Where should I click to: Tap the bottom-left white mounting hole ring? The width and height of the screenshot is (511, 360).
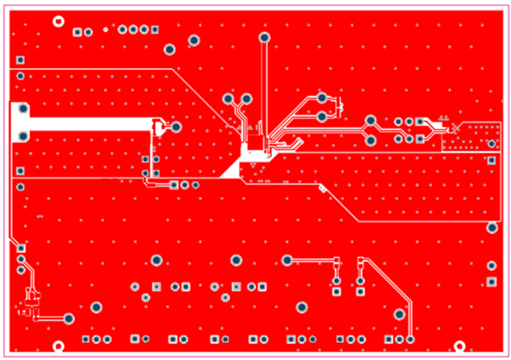tap(59, 346)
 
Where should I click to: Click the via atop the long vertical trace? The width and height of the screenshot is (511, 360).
tap(264, 38)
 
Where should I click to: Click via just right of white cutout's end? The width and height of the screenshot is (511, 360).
tap(176, 127)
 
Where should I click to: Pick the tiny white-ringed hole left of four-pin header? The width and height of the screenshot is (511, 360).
tap(105, 30)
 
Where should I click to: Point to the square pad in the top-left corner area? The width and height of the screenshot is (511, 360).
tap(19, 59)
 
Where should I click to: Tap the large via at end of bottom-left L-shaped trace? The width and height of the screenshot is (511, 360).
tap(68, 319)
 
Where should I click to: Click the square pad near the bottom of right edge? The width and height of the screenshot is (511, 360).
tap(491, 282)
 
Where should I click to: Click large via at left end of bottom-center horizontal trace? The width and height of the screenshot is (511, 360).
tap(287, 260)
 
